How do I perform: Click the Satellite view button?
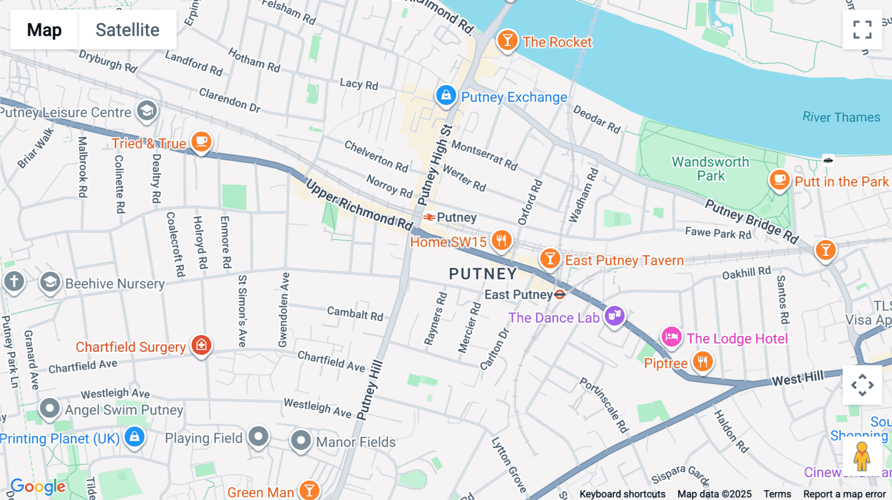[x=127, y=30]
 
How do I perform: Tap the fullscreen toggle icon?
[x=862, y=30]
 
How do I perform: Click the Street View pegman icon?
[x=862, y=456]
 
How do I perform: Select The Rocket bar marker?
[x=507, y=40]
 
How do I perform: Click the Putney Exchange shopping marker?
[x=446, y=95]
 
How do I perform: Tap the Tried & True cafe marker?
[x=201, y=142]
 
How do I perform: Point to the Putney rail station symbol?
[x=429, y=217]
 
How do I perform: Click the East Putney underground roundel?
[x=560, y=295]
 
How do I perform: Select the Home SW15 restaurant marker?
[x=502, y=240]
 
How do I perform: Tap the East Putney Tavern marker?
[x=550, y=258]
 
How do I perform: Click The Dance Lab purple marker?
[x=614, y=315]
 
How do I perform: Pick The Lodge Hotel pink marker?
[x=671, y=337]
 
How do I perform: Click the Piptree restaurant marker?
[x=702, y=361]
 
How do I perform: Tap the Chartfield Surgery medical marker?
[x=201, y=345]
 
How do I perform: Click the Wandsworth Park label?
[x=711, y=169]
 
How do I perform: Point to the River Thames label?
[x=841, y=117]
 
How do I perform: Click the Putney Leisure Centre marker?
[x=147, y=110]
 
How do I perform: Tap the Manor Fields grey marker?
[x=300, y=440]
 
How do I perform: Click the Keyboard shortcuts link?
[x=622, y=494]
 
